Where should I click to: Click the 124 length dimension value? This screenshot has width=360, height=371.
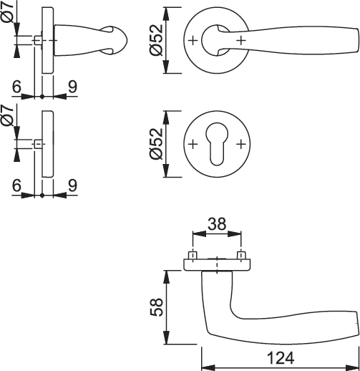[281, 358]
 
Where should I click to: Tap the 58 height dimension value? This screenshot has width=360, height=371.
[157, 307]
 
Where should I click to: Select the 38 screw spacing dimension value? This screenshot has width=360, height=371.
[217, 224]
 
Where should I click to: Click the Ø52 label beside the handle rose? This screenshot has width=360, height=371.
[156, 40]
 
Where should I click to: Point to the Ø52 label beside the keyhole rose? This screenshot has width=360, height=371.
[156, 144]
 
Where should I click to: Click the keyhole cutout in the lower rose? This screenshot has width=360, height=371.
[217, 144]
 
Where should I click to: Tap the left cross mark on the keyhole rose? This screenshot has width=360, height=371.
[193, 144]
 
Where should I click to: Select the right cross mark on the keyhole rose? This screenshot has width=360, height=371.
[241, 144]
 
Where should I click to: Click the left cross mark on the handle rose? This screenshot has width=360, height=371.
[193, 41]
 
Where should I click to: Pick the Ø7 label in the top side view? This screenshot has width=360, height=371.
[9, 12]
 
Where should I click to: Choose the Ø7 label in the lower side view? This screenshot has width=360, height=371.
[8, 115]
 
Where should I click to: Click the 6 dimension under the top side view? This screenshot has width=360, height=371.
[16, 87]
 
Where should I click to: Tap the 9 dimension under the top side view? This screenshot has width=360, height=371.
[73, 87]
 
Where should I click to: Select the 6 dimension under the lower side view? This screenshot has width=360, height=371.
[16, 185]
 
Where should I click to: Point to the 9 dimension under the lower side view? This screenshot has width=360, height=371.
[73, 185]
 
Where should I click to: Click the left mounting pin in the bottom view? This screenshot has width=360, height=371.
[193, 255]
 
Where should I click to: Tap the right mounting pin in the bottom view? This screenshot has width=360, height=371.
[241, 255]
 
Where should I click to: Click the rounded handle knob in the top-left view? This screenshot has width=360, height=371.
[114, 41]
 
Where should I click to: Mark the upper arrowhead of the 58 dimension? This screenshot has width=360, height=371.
[167, 277]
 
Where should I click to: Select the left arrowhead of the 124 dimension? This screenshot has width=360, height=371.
[208, 367]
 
